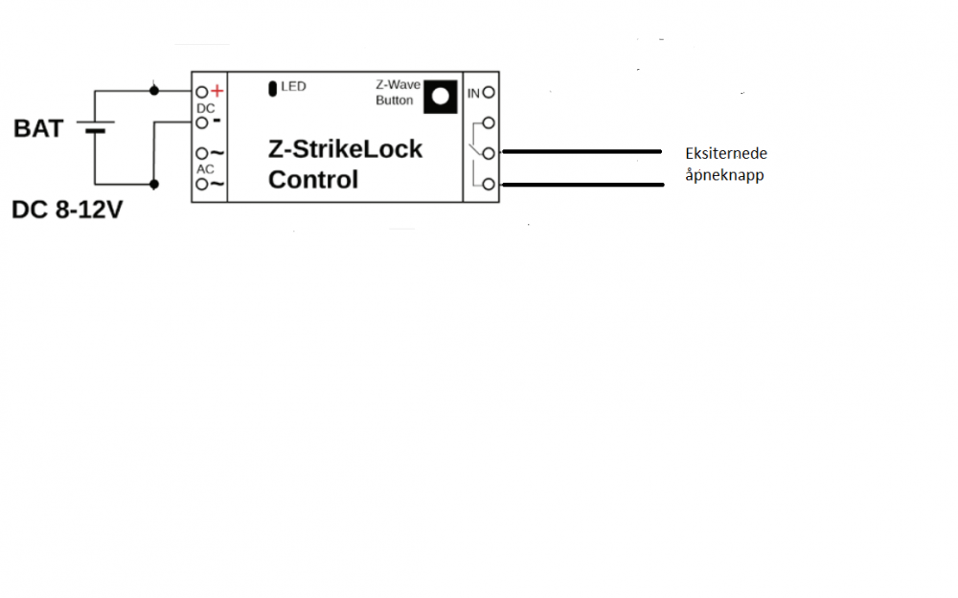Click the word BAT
coord(38,128)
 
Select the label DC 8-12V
coord(67,210)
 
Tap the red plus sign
coord(217,91)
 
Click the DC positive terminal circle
coord(201,92)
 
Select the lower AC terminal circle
coord(201,184)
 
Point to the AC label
coord(205,169)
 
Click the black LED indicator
coord(273,89)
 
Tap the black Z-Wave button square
coord(440,95)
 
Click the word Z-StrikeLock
coord(345,149)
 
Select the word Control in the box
coord(313,179)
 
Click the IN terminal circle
coord(490,93)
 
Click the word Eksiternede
coord(726,153)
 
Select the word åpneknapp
coord(724,175)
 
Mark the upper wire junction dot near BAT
coord(154,91)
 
